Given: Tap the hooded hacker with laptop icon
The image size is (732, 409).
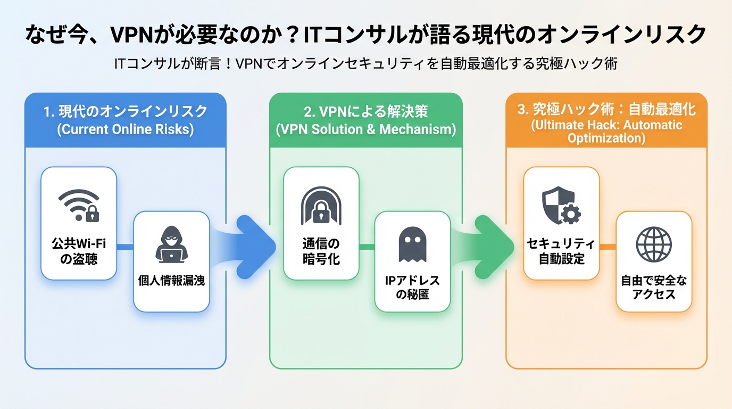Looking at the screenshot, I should point(171,244).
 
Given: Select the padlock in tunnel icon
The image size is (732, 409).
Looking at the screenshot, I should point(321,204).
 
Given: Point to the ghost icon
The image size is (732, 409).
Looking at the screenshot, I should point(412,244).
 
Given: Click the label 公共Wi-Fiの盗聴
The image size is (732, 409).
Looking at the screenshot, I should point(79,251).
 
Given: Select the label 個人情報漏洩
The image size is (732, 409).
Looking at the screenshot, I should point(171,281).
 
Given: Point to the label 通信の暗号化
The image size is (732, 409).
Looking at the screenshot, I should point(321,251).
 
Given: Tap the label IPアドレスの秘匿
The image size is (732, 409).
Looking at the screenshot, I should point(412,288).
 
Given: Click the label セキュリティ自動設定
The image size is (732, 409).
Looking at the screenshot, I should point(561,251).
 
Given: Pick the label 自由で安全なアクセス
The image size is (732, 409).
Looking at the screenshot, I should point(654,288).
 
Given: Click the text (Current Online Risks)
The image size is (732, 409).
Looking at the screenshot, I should point(126,129).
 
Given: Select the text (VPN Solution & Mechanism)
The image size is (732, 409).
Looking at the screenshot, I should point(365,129).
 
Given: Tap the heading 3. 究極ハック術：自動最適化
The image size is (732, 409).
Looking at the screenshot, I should point(606,110).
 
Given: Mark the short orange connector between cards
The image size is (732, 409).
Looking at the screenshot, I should point(608,247).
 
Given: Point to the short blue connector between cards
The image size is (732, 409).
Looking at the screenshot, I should point(124,247).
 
